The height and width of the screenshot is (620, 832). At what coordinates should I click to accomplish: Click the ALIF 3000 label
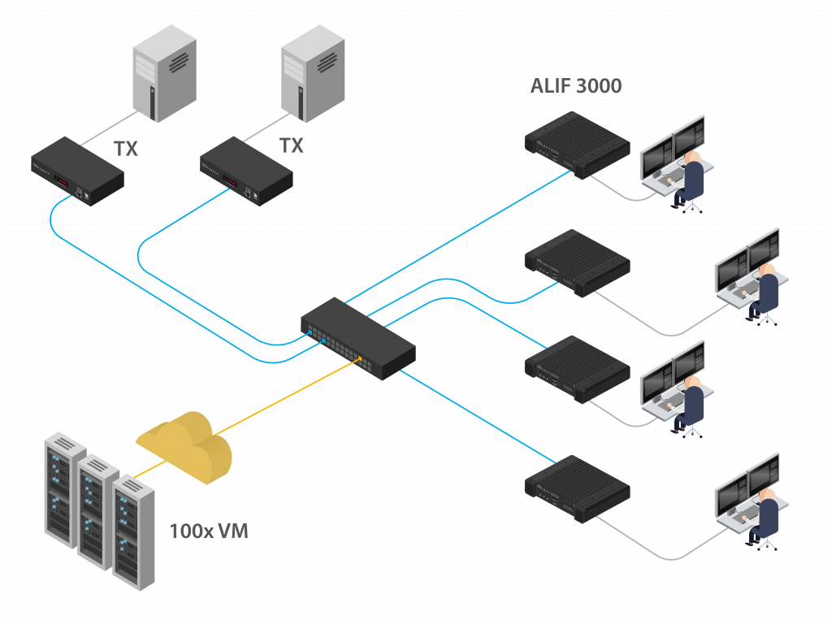[x=576, y=86]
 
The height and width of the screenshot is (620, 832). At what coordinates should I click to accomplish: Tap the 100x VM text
[x=209, y=531]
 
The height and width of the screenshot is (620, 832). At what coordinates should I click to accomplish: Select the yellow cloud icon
[x=184, y=447]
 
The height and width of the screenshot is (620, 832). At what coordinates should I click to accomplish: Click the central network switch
[x=358, y=339]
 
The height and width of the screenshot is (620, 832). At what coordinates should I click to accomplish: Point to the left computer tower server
[x=164, y=73]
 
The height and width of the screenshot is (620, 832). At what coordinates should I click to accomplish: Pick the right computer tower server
[x=313, y=73]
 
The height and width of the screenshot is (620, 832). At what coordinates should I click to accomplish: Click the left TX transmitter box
[x=77, y=171]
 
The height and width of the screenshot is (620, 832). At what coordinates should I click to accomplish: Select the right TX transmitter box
[x=246, y=171]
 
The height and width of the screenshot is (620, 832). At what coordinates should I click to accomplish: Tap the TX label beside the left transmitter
[x=126, y=150]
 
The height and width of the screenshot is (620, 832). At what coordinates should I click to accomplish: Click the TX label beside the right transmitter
[x=292, y=145]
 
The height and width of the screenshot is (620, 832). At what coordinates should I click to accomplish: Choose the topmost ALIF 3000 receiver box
[x=578, y=145]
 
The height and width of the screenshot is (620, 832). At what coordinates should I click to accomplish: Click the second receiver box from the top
[x=578, y=263]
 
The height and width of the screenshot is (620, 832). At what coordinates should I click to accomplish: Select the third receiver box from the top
[x=578, y=370]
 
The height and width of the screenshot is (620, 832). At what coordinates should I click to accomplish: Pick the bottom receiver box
[x=578, y=489]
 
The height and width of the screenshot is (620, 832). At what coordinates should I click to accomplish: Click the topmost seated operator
[x=689, y=181]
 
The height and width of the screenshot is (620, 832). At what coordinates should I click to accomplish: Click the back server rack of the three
[x=65, y=490]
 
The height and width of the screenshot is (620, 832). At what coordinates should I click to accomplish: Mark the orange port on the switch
[x=360, y=359]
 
